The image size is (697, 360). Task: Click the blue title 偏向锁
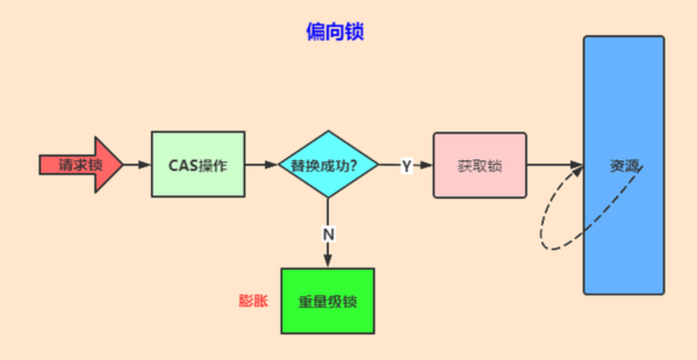(335, 31)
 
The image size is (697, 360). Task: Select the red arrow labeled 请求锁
(81, 165)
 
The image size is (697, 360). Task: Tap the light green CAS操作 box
(198, 164)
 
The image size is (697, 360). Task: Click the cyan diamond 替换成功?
(328, 164)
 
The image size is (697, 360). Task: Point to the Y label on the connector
(407, 166)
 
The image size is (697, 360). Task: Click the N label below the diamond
(329, 235)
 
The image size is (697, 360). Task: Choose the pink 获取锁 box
(480, 165)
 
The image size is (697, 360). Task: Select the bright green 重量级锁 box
(328, 301)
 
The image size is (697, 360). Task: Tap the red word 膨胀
(253, 301)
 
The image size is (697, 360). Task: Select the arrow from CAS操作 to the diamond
(261, 164)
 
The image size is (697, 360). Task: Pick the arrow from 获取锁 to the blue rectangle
(555, 164)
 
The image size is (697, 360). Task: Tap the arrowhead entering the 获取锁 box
(426, 165)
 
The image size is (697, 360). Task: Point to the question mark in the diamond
(353, 165)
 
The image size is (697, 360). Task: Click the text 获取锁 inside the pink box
(480, 166)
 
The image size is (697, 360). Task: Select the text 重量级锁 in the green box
(328, 302)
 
